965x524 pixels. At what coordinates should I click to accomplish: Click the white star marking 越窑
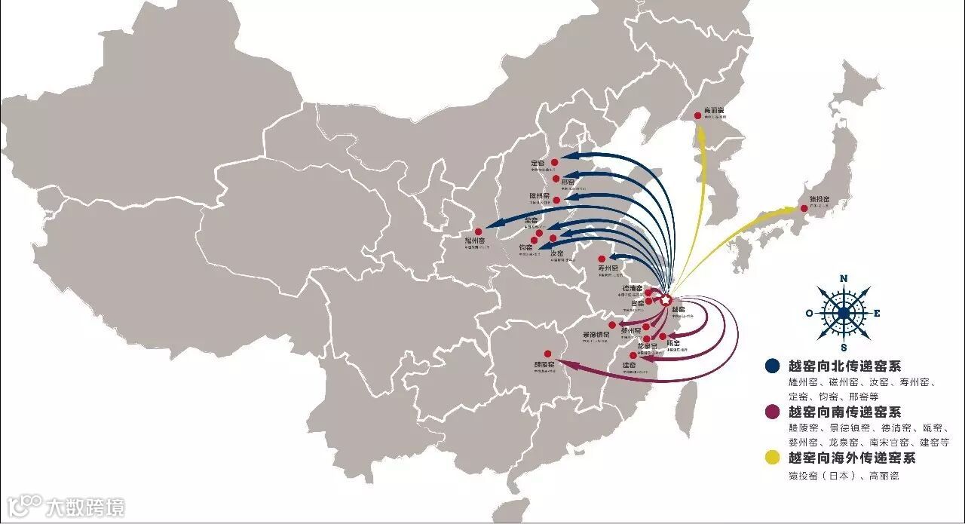coord(666,300)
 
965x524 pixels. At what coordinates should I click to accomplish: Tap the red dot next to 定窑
coord(553,161)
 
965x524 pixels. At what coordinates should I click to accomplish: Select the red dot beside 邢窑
coord(556,179)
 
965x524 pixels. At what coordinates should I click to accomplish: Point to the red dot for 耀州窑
coord(478,231)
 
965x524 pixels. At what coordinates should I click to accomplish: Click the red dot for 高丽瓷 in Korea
coord(697,116)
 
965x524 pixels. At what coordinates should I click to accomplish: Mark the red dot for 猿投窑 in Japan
coord(804,209)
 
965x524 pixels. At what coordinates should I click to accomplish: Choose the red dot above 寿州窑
coord(601,259)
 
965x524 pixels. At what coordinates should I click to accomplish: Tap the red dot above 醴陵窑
coord(547,354)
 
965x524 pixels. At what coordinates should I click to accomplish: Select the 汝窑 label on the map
coord(558,253)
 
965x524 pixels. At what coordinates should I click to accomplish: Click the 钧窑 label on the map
coord(525,247)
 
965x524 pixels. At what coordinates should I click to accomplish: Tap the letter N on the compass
coord(844,279)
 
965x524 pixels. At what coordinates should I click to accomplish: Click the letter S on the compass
coord(844,348)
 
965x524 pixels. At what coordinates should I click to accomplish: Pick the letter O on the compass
coord(809,313)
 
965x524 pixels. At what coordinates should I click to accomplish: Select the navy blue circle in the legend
coord(771,366)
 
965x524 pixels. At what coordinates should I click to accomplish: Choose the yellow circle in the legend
coord(771,457)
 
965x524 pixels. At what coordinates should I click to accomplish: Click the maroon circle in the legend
coord(771,412)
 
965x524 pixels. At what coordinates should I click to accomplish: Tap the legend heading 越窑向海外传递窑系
coord(851,458)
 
